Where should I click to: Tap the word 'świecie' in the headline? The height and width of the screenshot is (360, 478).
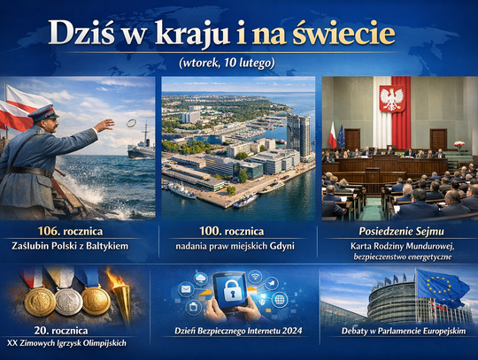tap(345, 33)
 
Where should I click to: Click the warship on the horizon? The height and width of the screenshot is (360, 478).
tap(141, 149)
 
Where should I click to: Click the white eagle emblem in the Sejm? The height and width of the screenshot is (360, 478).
tap(391, 97)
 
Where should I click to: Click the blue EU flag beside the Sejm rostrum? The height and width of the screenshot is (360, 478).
tap(341, 137)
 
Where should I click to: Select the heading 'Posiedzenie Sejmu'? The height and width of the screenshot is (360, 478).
tap(397, 230)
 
